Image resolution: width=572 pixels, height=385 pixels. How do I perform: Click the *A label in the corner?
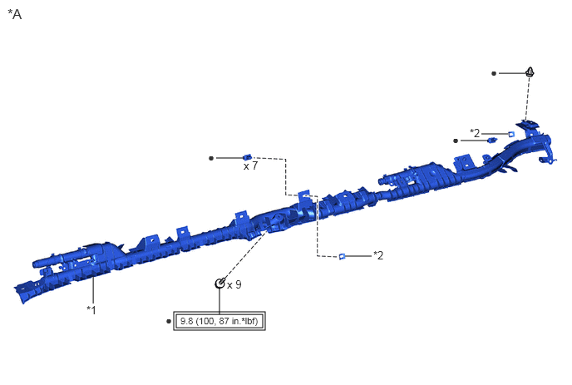tap(15, 14)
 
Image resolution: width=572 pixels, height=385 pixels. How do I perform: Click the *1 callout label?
tap(91, 310)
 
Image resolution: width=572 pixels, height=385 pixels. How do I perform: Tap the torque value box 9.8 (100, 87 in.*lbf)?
tap(219, 321)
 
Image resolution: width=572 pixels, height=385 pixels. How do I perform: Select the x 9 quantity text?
tap(234, 284)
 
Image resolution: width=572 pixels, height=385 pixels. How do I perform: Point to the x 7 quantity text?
tap(250, 166)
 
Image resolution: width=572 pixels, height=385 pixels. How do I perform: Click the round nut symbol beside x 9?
tap(220, 284)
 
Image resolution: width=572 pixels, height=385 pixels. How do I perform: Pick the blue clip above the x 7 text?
tap(247, 157)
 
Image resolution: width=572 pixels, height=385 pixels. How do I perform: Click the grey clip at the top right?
tap(530, 72)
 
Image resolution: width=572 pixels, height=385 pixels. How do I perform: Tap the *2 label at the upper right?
tap(475, 133)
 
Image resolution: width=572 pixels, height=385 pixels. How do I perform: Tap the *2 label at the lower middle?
tap(378, 255)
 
